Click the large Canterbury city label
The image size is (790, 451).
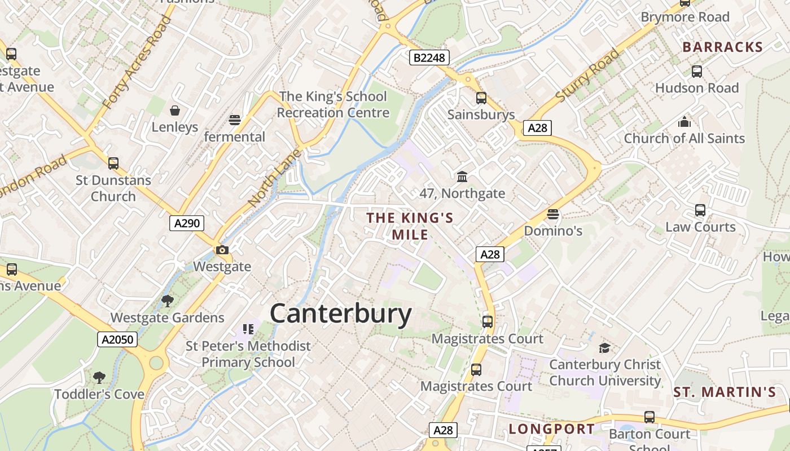click(x=341, y=313)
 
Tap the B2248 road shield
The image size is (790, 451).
click(x=429, y=58)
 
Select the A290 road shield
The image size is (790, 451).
click(x=187, y=223)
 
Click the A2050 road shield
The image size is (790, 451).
click(x=117, y=339)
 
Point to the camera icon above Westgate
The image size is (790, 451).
click(x=222, y=250)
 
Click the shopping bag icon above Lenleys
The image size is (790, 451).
click(x=175, y=110)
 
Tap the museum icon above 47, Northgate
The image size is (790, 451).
click(x=462, y=177)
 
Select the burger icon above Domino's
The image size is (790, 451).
click(x=552, y=214)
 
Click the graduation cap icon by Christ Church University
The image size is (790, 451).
click(x=604, y=348)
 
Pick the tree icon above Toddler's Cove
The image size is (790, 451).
click(x=99, y=377)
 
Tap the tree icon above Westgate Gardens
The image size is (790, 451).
click(x=167, y=300)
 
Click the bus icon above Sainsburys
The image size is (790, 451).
click(x=481, y=98)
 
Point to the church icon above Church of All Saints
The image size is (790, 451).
click(x=684, y=122)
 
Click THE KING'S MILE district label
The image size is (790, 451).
click(x=410, y=226)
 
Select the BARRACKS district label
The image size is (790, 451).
click(x=722, y=47)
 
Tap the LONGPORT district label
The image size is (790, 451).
click(x=552, y=429)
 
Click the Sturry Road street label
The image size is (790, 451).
click(x=587, y=76)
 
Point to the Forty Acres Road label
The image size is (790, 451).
click(x=137, y=63)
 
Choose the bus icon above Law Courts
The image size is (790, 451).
click(x=700, y=210)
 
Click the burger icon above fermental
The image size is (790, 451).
click(x=235, y=120)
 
